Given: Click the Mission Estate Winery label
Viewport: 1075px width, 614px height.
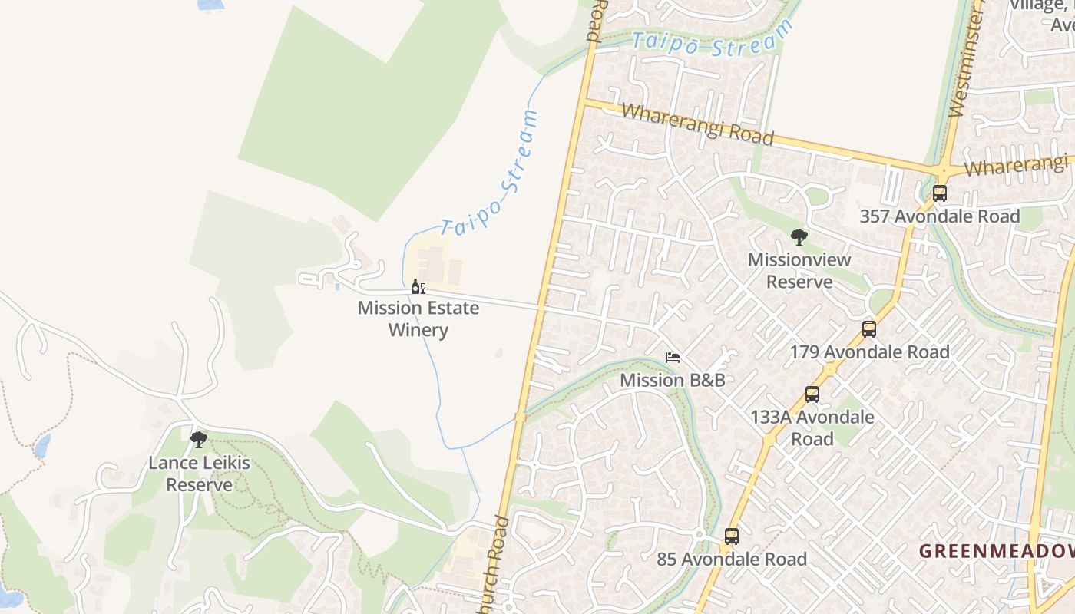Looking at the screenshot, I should pyautogui.click(x=418, y=319).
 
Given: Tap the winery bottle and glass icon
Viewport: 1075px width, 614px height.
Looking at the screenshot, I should pyautogui.click(x=418, y=287).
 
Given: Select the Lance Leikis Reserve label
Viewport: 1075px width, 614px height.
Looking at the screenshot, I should pyautogui.click(x=199, y=474).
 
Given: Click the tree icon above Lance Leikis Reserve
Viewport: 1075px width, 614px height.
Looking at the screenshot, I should pyautogui.click(x=199, y=439).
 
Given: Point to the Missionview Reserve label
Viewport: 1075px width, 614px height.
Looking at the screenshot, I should pyautogui.click(x=799, y=270).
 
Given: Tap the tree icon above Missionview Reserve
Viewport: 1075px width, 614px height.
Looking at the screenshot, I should pyautogui.click(x=799, y=237).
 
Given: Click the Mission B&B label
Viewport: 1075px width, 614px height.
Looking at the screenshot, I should pyautogui.click(x=672, y=380).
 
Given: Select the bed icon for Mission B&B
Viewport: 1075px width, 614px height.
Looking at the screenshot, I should pyautogui.click(x=673, y=358).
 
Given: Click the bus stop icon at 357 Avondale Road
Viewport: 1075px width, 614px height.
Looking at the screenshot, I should pyautogui.click(x=939, y=193).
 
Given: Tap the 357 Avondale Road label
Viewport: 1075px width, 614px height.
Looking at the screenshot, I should pyautogui.click(x=939, y=216).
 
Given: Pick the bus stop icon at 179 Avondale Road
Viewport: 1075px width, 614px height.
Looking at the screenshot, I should pyautogui.click(x=869, y=329).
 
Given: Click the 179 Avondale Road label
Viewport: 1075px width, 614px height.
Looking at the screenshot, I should pyautogui.click(x=869, y=352).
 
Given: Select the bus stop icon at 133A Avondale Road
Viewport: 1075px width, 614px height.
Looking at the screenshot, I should pyautogui.click(x=812, y=394).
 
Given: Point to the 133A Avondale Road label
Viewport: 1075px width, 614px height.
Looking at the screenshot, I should pyautogui.click(x=812, y=428).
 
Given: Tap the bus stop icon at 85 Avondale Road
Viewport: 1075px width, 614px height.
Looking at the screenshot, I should pyautogui.click(x=732, y=536).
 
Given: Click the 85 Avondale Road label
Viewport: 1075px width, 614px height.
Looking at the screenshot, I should pyautogui.click(x=732, y=560).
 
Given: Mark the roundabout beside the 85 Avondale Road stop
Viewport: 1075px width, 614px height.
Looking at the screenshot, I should pyautogui.click(x=700, y=534).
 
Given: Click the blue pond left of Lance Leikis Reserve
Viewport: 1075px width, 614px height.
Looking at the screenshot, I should pyautogui.click(x=42, y=445).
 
